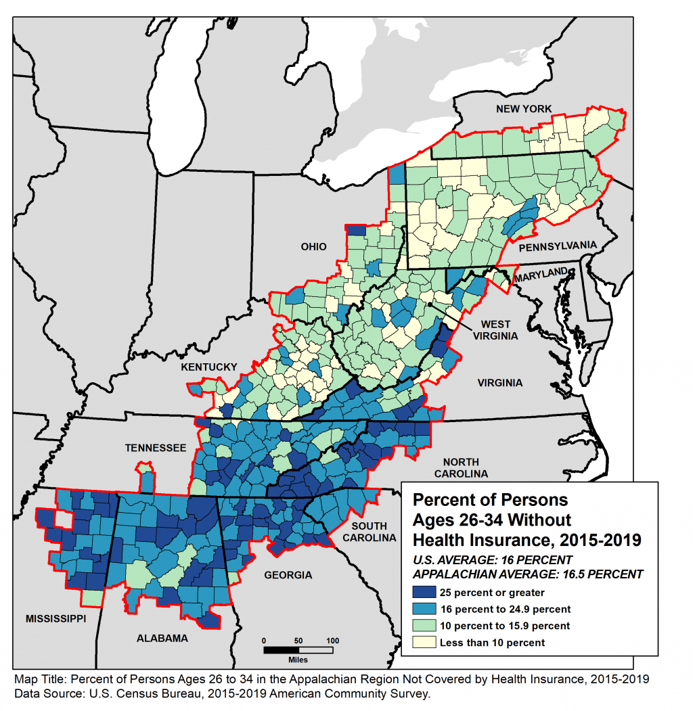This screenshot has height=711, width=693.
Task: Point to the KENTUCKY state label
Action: point(208,367)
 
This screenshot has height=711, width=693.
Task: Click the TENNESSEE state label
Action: point(155,448)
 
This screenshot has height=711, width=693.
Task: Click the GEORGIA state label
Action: point(289,576)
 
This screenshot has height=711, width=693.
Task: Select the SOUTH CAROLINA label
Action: point(370,532)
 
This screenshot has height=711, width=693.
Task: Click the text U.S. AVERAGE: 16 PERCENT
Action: point(493,560)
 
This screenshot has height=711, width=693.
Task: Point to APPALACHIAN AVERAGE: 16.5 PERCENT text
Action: point(528,574)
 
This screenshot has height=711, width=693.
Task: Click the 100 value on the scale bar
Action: point(332,639)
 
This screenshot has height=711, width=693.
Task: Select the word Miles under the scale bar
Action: point(298,659)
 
